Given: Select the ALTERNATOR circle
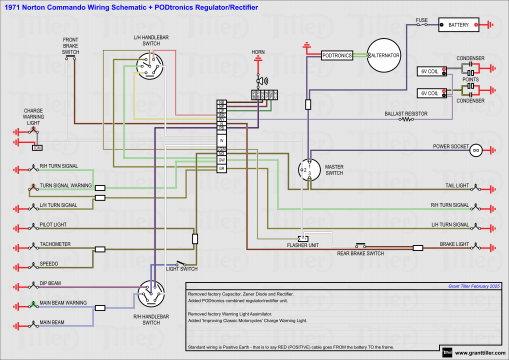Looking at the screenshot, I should click(x=383, y=57).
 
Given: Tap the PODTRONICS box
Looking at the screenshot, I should click(x=336, y=56).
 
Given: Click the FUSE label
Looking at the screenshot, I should click(x=422, y=18).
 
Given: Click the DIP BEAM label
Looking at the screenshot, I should click(x=52, y=283).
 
